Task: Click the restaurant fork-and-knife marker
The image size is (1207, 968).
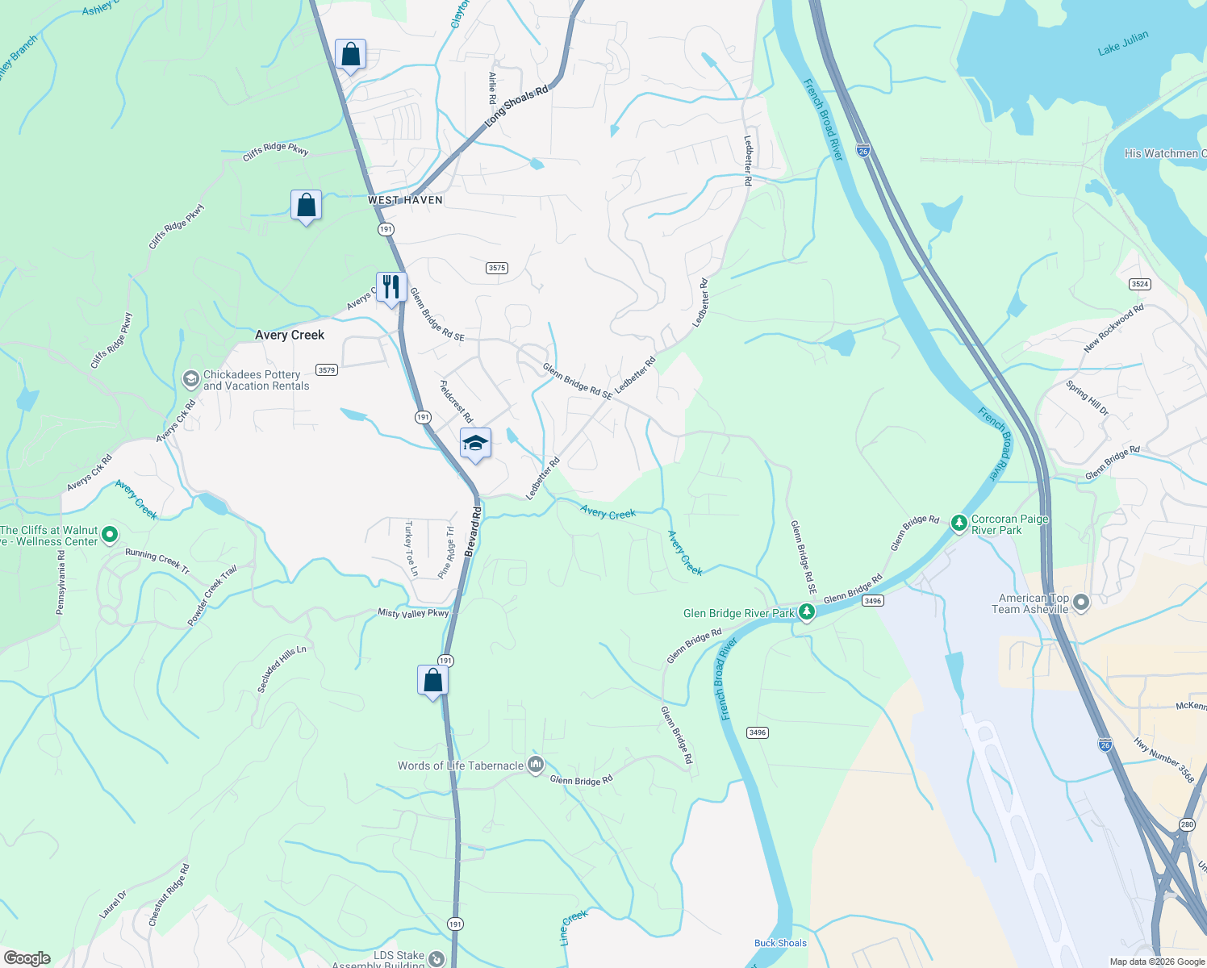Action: [x=391, y=287]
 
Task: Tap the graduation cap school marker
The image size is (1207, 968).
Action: [x=475, y=443]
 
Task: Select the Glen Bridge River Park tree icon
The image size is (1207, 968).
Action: [x=807, y=613]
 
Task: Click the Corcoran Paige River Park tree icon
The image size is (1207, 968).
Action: [x=958, y=524]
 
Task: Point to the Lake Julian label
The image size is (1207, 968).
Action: [x=1123, y=44]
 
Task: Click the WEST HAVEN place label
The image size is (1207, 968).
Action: [x=405, y=200]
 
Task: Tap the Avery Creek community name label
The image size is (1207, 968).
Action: [x=290, y=335]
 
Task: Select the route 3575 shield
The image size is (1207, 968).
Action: [x=497, y=268]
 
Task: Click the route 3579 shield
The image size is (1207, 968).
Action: [x=326, y=370]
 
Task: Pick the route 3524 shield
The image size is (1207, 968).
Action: [x=1140, y=284]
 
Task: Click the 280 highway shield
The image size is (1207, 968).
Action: [x=1186, y=824]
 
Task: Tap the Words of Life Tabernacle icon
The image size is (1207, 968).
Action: [x=536, y=765]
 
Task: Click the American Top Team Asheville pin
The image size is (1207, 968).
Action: [x=1081, y=603]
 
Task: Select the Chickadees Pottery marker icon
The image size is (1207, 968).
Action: [x=191, y=379]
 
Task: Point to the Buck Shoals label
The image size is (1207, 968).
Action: [x=780, y=943]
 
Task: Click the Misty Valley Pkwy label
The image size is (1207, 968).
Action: [x=413, y=613]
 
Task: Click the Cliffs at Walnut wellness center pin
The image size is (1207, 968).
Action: [x=111, y=535]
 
